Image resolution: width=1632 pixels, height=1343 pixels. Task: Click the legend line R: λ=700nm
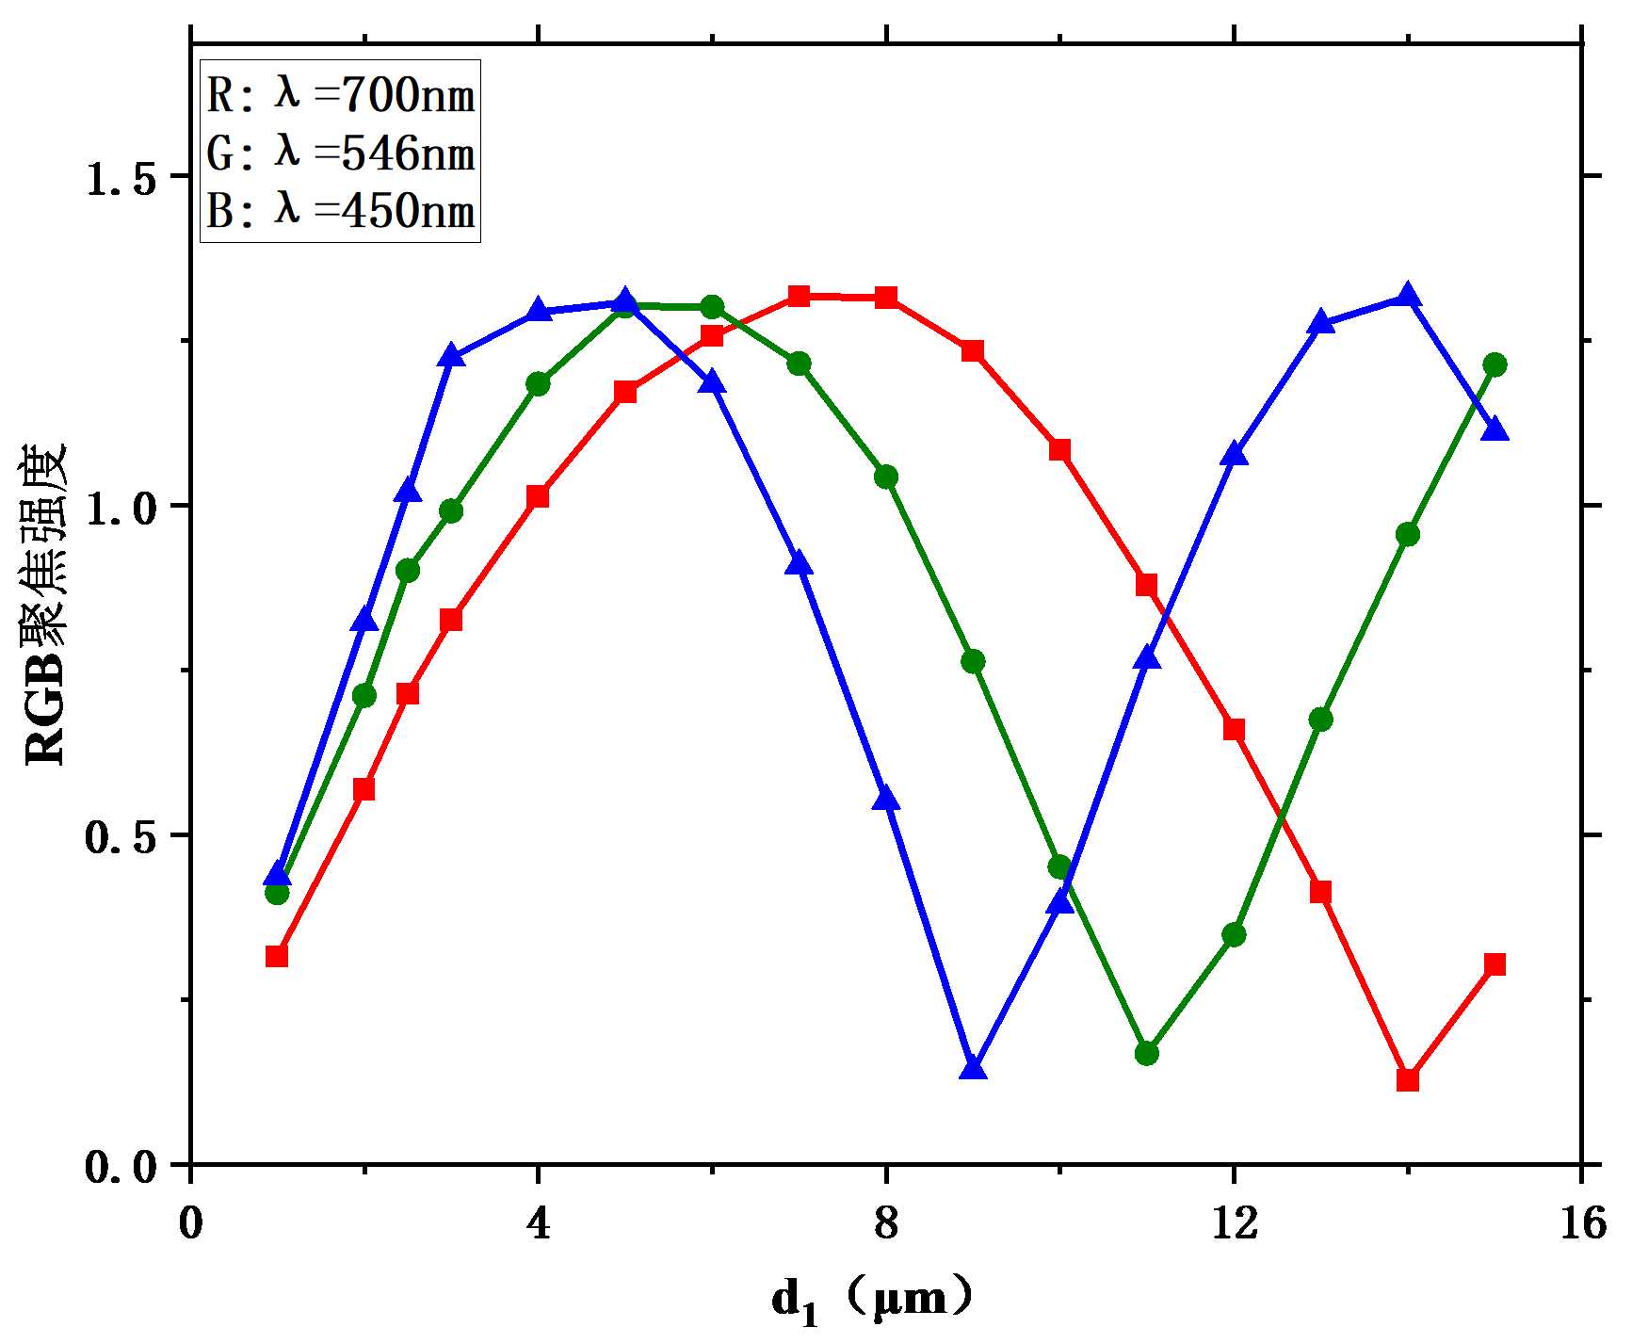341,95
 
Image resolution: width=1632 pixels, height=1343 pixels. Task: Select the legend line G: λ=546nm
341,153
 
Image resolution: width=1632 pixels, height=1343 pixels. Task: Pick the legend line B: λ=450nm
341,210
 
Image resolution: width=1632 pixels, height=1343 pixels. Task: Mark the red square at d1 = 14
1408,1079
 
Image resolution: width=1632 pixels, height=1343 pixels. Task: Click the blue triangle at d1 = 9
973,1068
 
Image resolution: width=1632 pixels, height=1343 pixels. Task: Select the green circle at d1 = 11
1146,1053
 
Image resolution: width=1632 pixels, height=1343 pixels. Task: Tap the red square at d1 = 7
799,296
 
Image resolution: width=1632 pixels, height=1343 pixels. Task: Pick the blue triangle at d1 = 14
1408,296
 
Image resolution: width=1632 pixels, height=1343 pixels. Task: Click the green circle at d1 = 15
1495,364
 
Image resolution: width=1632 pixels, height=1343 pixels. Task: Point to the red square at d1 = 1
277,956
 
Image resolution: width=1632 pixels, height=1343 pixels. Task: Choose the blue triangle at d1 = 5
624,302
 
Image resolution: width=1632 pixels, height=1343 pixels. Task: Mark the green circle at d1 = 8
885,477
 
